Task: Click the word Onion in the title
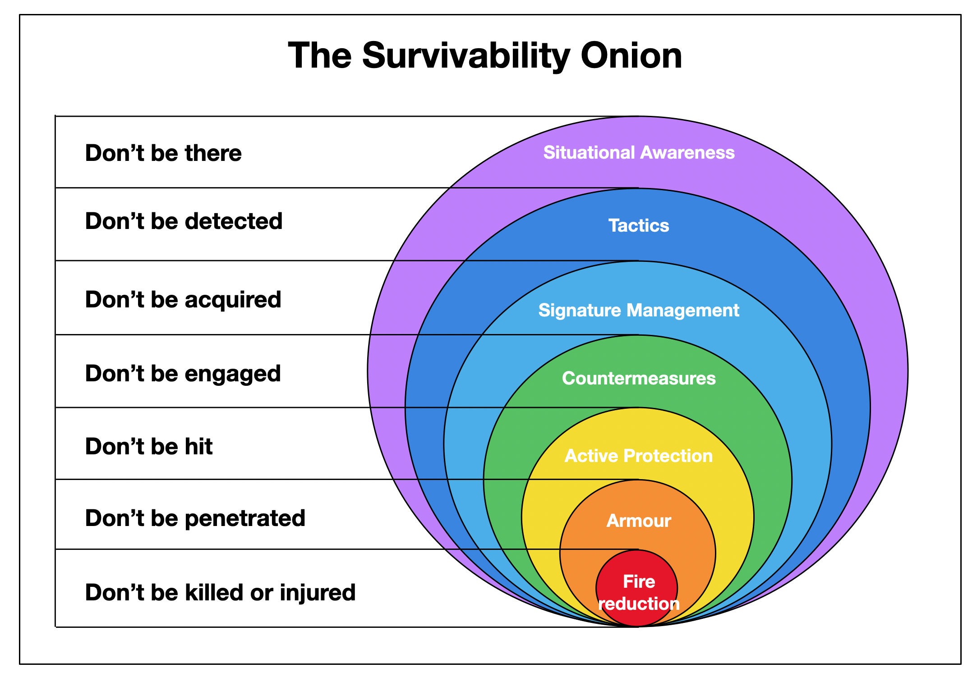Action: [x=631, y=55]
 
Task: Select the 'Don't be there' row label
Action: [x=163, y=153]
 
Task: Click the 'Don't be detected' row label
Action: [x=184, y=221]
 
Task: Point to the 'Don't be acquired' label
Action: [x=183, y=300]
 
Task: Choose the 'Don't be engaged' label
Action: [x=183, y=374]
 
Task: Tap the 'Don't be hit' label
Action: [x=149, y=446]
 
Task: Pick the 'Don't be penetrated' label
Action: [x=195, y=518]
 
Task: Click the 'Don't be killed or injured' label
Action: [x=220, y=592]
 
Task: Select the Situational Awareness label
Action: [x=639, y=152]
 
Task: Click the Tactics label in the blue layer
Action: [x=639, y=225]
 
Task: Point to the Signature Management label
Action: [x=639, y=310]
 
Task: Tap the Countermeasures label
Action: [x=639, y=378]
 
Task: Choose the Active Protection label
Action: [x=639, y=456]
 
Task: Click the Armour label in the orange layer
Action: [x=639, y=521]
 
